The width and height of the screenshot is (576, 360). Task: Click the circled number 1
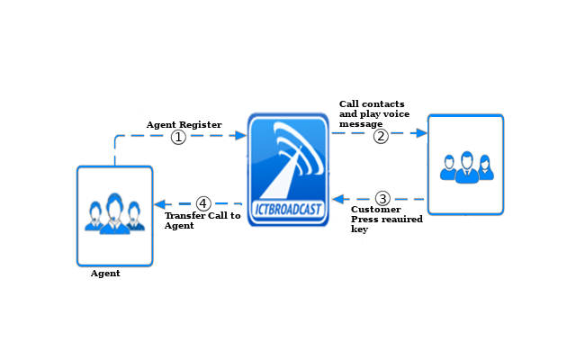178,137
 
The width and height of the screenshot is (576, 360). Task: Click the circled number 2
381,136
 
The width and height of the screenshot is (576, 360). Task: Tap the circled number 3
382,198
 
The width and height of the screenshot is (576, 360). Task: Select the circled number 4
203,203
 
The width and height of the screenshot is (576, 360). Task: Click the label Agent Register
184,124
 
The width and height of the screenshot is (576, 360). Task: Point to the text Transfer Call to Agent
202,220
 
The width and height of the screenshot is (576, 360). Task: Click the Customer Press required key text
386,220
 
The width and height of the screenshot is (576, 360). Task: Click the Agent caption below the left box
105,274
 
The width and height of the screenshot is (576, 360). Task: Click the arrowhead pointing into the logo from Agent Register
240,136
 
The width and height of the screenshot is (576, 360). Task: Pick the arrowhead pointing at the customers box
421,132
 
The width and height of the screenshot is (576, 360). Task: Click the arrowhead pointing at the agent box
159,203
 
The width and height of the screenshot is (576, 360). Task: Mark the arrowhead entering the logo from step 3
337,198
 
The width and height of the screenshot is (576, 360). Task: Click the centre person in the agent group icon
114,212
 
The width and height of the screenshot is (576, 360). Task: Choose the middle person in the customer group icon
466,167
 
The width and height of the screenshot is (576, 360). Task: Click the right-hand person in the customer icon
485,167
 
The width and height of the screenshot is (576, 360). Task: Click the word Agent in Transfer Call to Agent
178,226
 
